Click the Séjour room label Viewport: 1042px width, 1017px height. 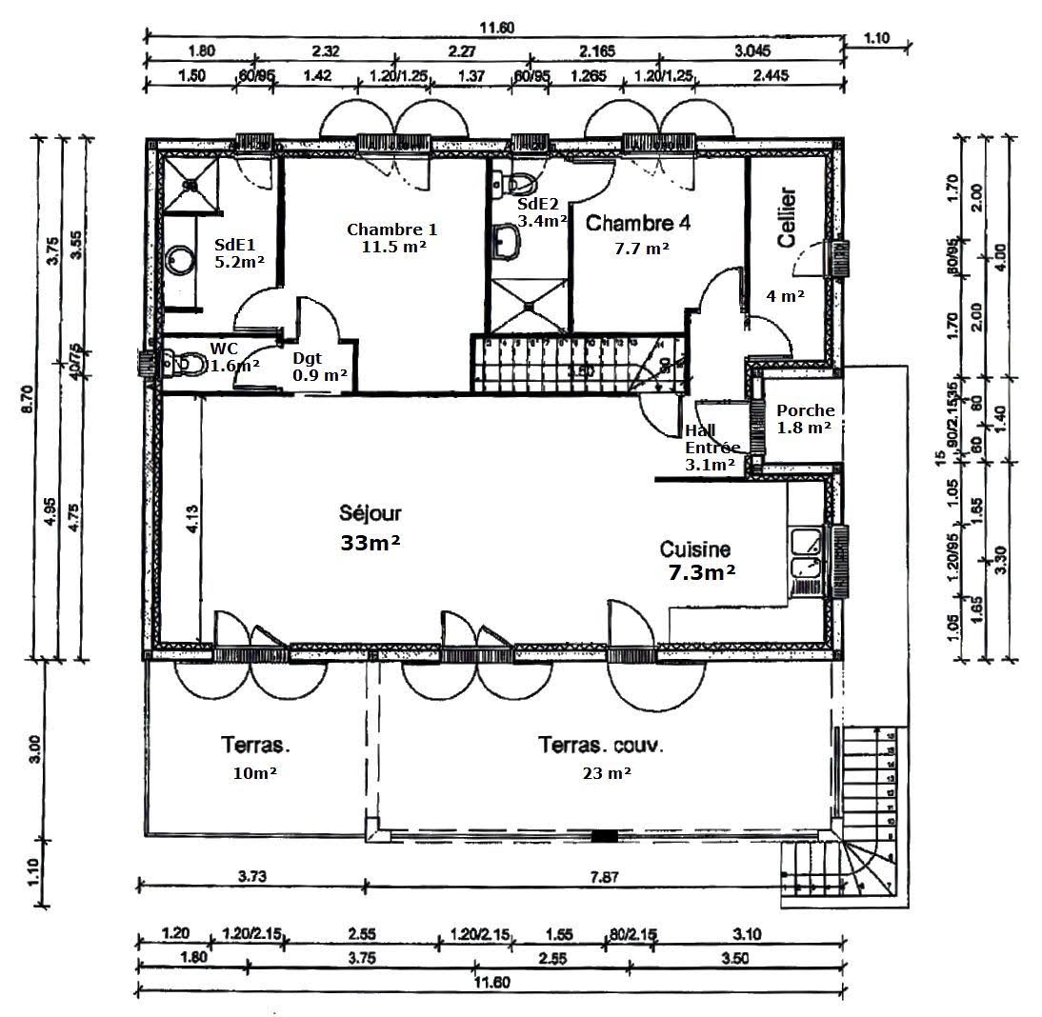(x=370, y=513)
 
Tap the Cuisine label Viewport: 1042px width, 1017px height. (x=695, y=549)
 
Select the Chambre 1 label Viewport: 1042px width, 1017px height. (x=391, y=229)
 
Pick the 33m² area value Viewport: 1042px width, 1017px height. (x=370, y=543)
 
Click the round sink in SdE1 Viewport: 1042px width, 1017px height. (x=179, y=259)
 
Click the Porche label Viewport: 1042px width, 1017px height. (x=805, y=410)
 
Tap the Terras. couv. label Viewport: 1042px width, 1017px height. (x=601, y=745)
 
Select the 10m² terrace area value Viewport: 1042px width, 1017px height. (x=254, y=773)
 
